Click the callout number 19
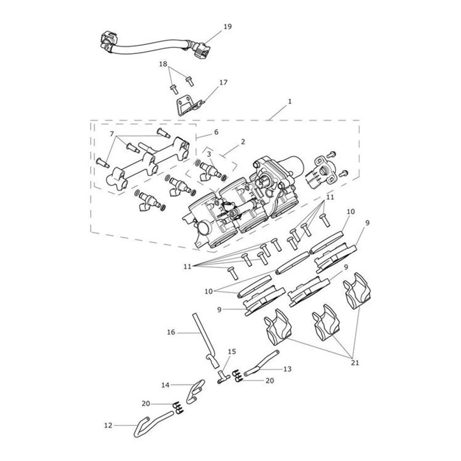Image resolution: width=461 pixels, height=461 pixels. [228, 27]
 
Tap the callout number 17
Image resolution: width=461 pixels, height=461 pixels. [223, 82]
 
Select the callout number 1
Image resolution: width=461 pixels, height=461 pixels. [290, 101]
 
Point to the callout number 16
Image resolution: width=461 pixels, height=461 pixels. [171, 332]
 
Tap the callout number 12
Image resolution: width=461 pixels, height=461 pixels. [108, 425]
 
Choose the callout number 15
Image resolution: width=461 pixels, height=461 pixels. [232, 352]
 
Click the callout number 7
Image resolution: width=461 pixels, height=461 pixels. [112, 134]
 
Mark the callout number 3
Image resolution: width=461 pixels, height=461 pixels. [209, 154]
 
